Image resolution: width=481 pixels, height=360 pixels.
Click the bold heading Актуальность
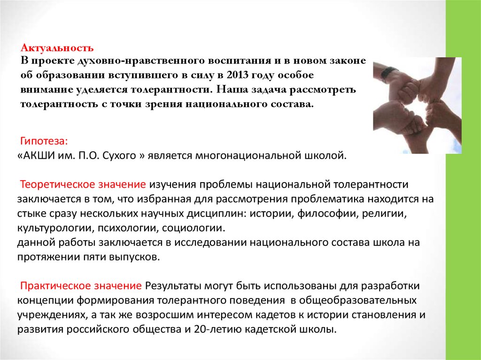click(57, 48)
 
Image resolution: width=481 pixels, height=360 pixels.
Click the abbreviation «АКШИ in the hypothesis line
click(34, 155)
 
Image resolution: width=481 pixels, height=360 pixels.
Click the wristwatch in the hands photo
click(388, 73)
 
